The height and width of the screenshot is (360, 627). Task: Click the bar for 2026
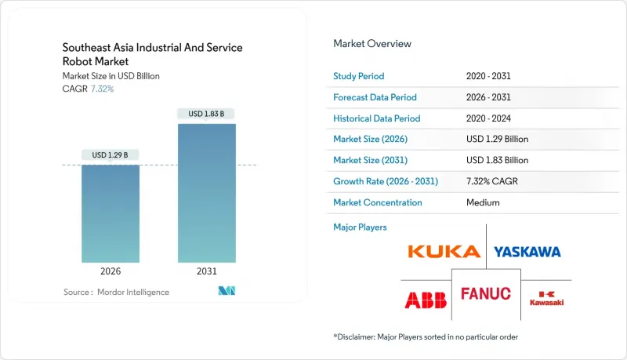coord(111,213)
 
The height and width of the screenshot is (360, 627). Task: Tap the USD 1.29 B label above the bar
coord(111,155)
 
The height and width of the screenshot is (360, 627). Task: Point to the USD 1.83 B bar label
coord(206,114)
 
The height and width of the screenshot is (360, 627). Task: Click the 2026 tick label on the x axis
coord(111,271)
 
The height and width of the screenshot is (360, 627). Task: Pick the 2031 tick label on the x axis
coord(206,271)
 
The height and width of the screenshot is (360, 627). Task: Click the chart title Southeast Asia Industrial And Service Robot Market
coord(152,54)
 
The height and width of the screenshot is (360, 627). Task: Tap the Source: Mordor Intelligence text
coord(116,292)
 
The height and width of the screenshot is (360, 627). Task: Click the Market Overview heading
coord(371,44)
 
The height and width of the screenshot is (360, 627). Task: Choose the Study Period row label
coord(359,76)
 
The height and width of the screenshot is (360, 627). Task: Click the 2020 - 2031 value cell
coord(489,76)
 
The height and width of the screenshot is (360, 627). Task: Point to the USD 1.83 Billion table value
coord(497,160)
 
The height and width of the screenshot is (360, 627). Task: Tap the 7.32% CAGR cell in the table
coord(493,181)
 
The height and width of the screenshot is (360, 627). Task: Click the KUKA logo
coord(444,252)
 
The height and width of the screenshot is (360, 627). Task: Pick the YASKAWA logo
coord(527,252)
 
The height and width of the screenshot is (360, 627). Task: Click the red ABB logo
coord(425,300)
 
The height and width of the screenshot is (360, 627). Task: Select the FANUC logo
coord(485,294)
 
